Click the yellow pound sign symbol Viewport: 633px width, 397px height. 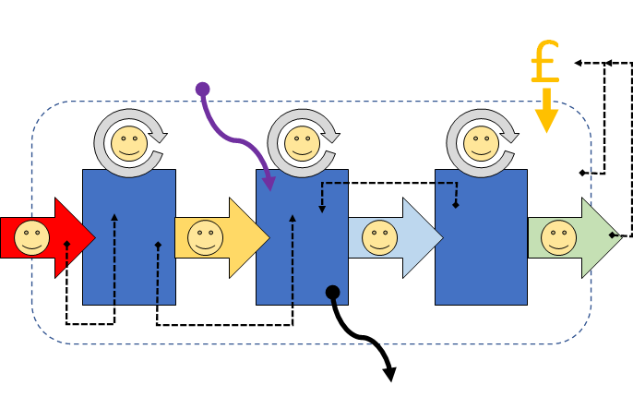(x=545, y=63)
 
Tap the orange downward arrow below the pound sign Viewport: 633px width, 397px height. (x=546, y=110)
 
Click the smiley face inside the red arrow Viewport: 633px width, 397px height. (x=32, y=237)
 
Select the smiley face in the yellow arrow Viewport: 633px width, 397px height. (x=206, y=237)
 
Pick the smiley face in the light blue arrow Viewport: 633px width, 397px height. (x=379, y=237)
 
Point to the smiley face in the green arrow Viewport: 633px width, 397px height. (x=558, y=237)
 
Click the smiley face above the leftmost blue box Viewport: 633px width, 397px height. (x=127, y=144)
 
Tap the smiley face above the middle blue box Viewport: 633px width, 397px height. (x=301, y=144)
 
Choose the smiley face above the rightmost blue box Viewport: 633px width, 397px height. (x=480, y=144)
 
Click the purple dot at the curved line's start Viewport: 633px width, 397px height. (x=203, y=89)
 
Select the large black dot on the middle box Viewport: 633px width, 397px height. (x=333, y=293)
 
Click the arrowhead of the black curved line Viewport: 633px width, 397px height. (x=389, y=373)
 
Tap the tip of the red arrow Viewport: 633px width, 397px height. (x=94, y=238)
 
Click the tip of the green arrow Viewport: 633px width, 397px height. (x=622, y=237)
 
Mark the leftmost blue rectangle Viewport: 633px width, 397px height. (x=129, y=237)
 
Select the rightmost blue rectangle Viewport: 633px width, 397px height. (x=482, y=237)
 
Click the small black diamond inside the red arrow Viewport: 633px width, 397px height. (x=66, y=245)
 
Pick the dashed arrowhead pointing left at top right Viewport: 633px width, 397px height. (x=578, y=63)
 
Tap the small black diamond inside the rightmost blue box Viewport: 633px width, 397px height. (x=456, y=205)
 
